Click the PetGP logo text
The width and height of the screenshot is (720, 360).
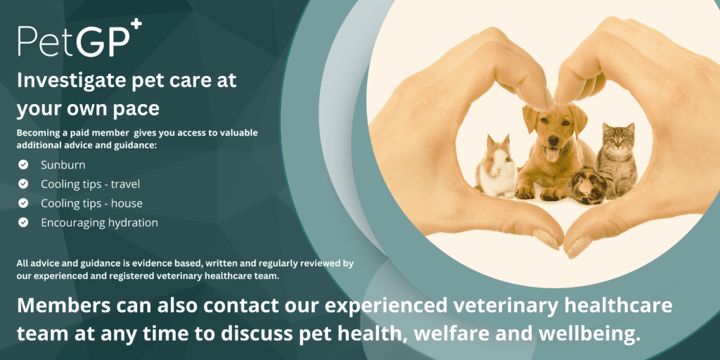[x=74, y=41]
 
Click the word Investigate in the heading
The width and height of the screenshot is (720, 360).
[x=65, y=82]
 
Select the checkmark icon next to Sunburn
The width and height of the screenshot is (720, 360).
[x=23, y=165]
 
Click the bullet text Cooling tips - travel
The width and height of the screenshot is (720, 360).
[x=91, y=184]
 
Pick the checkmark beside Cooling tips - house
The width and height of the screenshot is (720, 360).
[x=23, y=203]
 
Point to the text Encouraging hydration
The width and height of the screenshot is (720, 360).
[x=100, y=223]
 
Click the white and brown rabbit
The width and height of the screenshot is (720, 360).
[x=496, y=166]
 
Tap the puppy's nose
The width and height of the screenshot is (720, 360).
[x=554, y=140]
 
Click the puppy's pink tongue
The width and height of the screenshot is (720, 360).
[x=551, y=154]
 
